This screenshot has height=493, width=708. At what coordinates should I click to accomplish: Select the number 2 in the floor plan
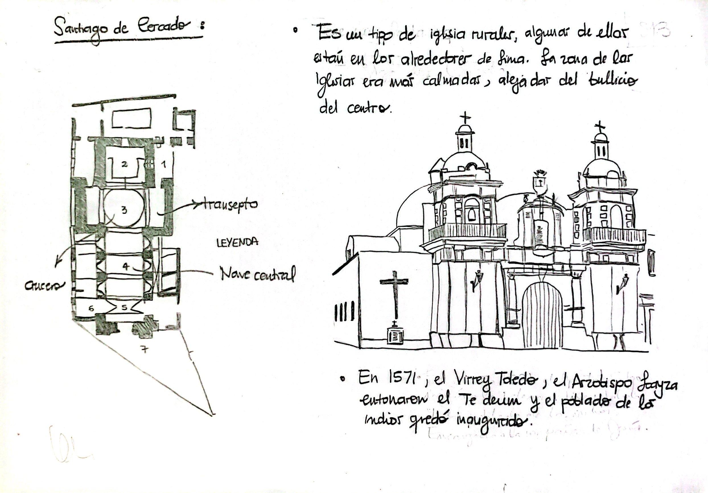(x=124, y=165)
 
